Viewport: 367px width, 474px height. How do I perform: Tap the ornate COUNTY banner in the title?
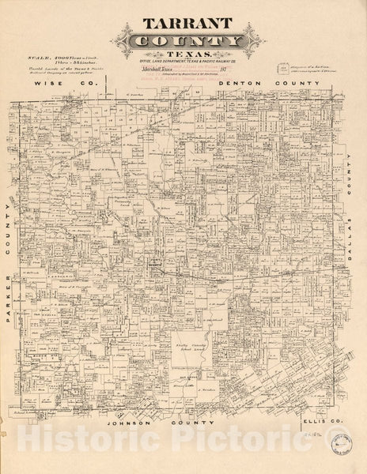coord(183,43)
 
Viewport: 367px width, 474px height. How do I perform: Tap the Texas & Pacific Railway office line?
coord(183,67)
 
